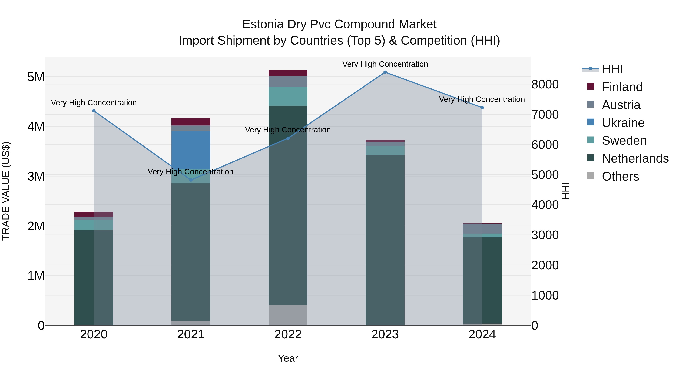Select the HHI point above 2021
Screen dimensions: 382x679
191,180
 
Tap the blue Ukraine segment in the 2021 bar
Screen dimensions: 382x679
191,150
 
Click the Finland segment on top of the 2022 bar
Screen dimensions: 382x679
288,73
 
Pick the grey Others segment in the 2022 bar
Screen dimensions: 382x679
288,315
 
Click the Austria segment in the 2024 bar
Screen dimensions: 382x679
482,229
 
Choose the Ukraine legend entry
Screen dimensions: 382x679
623,123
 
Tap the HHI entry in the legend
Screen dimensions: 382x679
612,69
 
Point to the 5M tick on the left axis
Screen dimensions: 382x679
36,77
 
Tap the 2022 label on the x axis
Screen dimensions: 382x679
288,334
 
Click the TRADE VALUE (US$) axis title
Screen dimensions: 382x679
6,191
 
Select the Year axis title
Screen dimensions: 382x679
288,358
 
